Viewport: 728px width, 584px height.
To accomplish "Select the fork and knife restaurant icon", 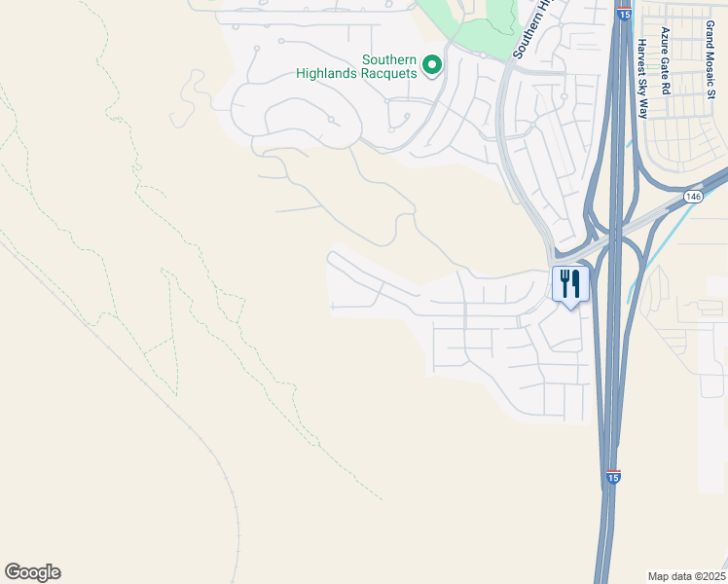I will coord(569,284).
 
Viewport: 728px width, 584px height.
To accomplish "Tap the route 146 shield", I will coord(692,196).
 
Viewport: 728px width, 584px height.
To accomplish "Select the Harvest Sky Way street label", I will coord(642,78).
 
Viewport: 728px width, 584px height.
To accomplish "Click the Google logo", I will coord(32,572).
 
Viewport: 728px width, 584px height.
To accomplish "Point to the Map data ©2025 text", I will coord(686,576).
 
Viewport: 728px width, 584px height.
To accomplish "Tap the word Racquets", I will coord(393,73).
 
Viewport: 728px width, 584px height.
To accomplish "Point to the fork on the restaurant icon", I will coord(564,282).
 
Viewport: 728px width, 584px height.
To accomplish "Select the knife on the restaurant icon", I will coord(576,282).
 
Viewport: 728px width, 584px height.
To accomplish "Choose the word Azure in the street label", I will coord(667,40).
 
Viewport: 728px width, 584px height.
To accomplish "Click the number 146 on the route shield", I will coord(692,196).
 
